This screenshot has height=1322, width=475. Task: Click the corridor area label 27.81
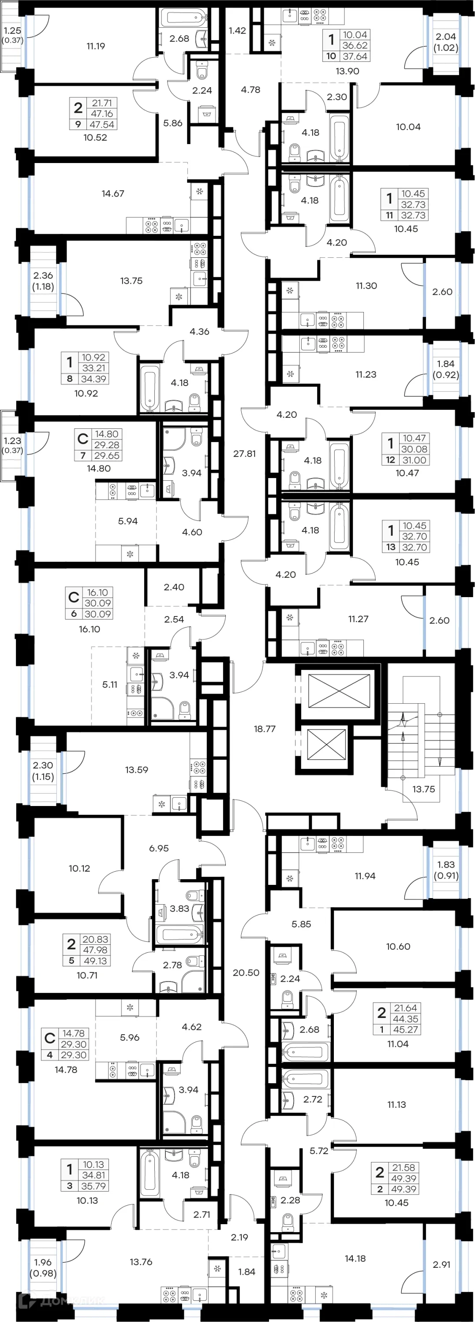coord(244,454)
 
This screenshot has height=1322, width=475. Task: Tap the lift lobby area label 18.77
coord(265,729)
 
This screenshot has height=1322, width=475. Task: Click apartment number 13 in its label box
coord(391,547)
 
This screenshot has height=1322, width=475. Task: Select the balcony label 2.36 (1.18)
coord(43,281)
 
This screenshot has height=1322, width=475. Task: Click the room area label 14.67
coord(112,193)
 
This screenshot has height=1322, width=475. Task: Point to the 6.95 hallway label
coord(159,848)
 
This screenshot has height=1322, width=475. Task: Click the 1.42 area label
coord(237,31)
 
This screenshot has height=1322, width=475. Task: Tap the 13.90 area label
coord(347,71)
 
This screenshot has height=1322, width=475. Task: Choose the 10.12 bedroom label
coord(79,868)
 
